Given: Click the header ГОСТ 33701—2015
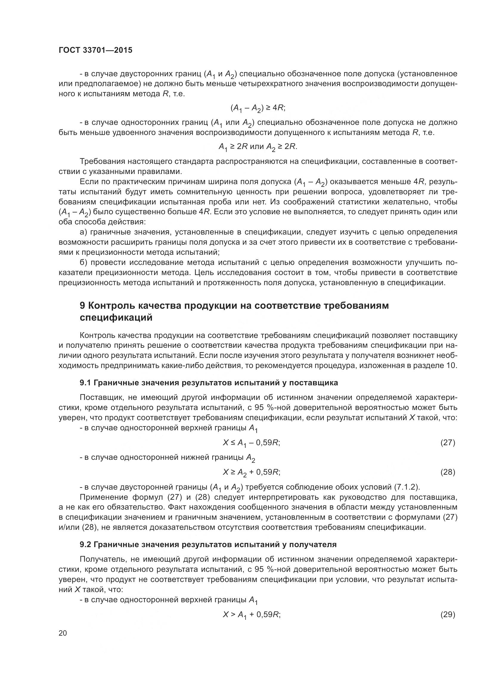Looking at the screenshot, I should click(x=95, y=50).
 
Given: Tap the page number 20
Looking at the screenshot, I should click(x=63, y=633).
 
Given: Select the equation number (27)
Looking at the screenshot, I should click(x=448, y=443).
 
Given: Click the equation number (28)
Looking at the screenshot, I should click(x=448, y=472).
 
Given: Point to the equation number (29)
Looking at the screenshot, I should click(x=448, y=615).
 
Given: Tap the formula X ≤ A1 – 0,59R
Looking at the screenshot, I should click(x=251, y=443).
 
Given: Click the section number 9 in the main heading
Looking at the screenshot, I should click(x=82, y=305).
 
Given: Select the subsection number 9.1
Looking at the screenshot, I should click(x=85, y=383).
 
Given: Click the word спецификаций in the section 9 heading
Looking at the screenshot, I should click(x=116, y=318).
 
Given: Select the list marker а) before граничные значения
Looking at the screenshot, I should click(x=83, y=232).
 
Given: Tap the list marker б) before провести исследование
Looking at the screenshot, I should click(x=83, y=262).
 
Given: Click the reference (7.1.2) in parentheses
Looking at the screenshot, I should click(x=407, y=487).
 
